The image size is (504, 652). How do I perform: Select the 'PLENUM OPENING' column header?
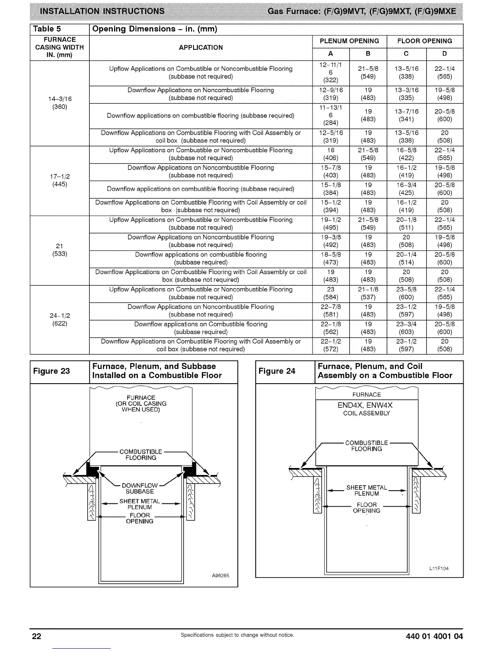[x=349, y=41]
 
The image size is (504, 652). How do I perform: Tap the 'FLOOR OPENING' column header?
[x=425, y=41]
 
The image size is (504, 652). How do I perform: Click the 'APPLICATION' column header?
[x=201, y=47]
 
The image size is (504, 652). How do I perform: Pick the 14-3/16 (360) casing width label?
[x=60, y=103]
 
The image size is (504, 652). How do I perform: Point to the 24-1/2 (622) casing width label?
[x=60, y=319]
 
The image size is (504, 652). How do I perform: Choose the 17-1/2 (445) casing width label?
[x=60, y=180]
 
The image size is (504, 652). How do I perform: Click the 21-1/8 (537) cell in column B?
[x=368, y=293]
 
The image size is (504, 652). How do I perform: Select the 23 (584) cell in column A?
[x=331, y=293]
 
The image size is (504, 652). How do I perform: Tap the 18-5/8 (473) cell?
[x=331, y=258]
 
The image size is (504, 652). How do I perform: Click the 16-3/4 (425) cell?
[x=406, y=189]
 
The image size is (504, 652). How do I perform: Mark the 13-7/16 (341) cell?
[x=406, y=115]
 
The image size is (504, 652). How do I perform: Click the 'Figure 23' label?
[x=51, y=371]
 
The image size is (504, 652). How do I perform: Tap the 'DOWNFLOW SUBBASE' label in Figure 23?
[x=140, y=489]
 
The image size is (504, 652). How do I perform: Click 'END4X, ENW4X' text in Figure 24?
[x=365, y=405]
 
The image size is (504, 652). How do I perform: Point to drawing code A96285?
[x=220, y=575]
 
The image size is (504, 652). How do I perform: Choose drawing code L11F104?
[x=439, y=568]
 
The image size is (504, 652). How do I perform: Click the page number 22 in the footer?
[x=37, y=636]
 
